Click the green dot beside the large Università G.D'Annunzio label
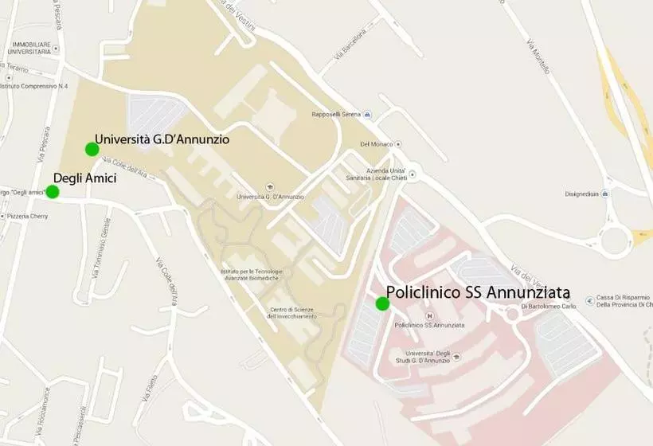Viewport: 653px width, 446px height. pyautogui.click(x=92, y=149)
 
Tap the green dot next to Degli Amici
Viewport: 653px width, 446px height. pyautogui.click(x=53, y=191)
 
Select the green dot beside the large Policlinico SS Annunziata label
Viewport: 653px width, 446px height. pyautogui.click(x=382, y=303)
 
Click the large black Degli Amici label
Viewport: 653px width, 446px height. pyautogui.click(x=84, y=178)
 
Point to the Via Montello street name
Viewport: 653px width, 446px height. pyautogui.click(x=539, y=57)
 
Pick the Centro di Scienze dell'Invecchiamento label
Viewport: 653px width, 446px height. pyautogui.click(x=292, y=313)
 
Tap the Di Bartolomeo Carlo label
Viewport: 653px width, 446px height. pyautogui.click(x=549, y=306)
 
